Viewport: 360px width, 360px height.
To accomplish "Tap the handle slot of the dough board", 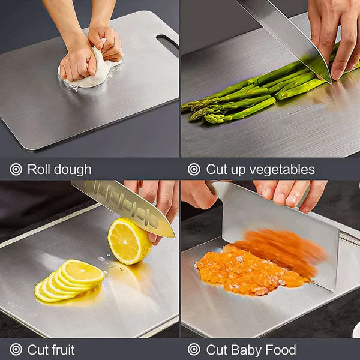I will [167, 43].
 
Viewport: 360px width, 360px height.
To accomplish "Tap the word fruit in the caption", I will [61, 350].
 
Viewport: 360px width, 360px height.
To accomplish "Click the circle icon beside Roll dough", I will [16, 169].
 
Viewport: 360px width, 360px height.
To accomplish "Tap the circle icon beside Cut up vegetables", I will [193, 169].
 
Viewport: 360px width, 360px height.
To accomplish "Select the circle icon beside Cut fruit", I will [16, 350].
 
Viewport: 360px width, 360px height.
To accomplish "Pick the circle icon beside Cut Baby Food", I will [193, 350].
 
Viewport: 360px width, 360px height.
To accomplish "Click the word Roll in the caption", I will [37, 170].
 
